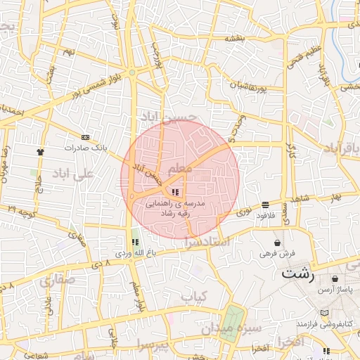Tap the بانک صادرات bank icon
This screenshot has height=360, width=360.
(86, 137)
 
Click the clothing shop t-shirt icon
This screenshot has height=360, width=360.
(41, 150)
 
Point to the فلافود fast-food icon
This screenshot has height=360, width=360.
(264, 205)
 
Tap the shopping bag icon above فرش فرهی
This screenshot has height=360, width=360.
(278, 242)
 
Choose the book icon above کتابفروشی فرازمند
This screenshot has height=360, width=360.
(323, 313)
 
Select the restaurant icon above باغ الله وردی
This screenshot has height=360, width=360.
(135, 242)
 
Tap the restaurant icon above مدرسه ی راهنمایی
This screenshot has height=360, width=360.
(174, 192)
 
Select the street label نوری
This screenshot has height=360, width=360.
(243, 210)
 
